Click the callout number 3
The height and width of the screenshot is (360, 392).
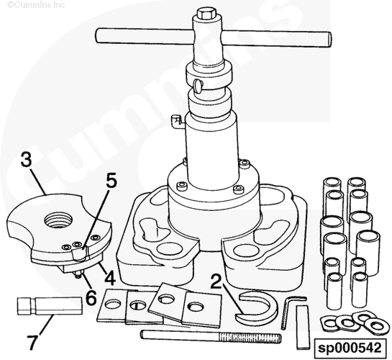[x=27, y=160]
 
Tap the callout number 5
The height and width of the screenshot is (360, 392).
[x=111, y=181]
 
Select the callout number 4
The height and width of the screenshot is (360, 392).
[x=110, y=278]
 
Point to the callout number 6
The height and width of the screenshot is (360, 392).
[x=91, y=297]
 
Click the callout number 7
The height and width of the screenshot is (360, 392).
[x=32, y=342]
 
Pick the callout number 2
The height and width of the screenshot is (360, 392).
[x=216, y=282]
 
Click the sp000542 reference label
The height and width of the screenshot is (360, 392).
[x=350, y=348]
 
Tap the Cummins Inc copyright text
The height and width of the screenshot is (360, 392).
[x=36, y=4]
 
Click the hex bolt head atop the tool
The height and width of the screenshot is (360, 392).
[x=206, y=14]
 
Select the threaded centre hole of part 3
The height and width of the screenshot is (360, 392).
[x=58, y=220]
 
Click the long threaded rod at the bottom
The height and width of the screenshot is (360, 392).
[x=211, y=336]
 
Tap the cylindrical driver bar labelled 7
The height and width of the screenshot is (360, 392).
[x=50, y=305]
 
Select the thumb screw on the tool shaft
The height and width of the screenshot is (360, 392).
[x=199, y=86]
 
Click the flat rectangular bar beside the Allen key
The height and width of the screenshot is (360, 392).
[x=303, y=327]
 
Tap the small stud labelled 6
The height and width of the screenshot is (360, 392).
[x=78, y=274]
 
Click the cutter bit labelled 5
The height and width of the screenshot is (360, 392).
[x=80, y=253]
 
